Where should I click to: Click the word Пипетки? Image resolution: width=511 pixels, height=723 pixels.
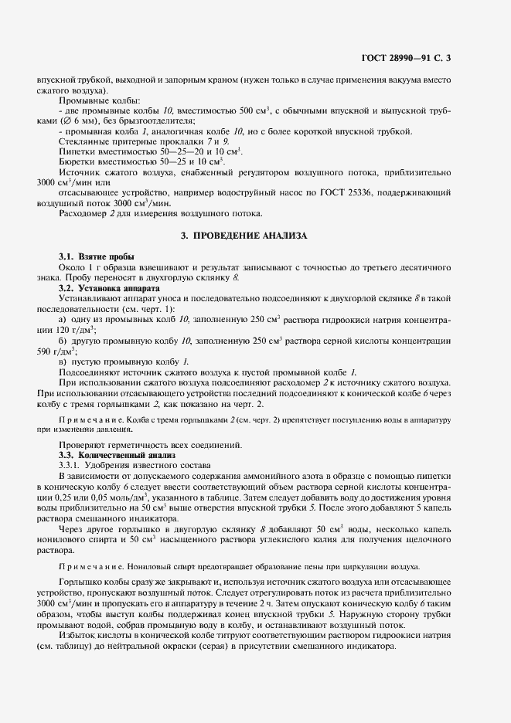pos(77,151)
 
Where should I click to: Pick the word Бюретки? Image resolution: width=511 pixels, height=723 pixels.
pos(77,161)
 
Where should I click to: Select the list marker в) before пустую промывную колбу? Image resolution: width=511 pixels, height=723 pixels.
pos(64,361)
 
